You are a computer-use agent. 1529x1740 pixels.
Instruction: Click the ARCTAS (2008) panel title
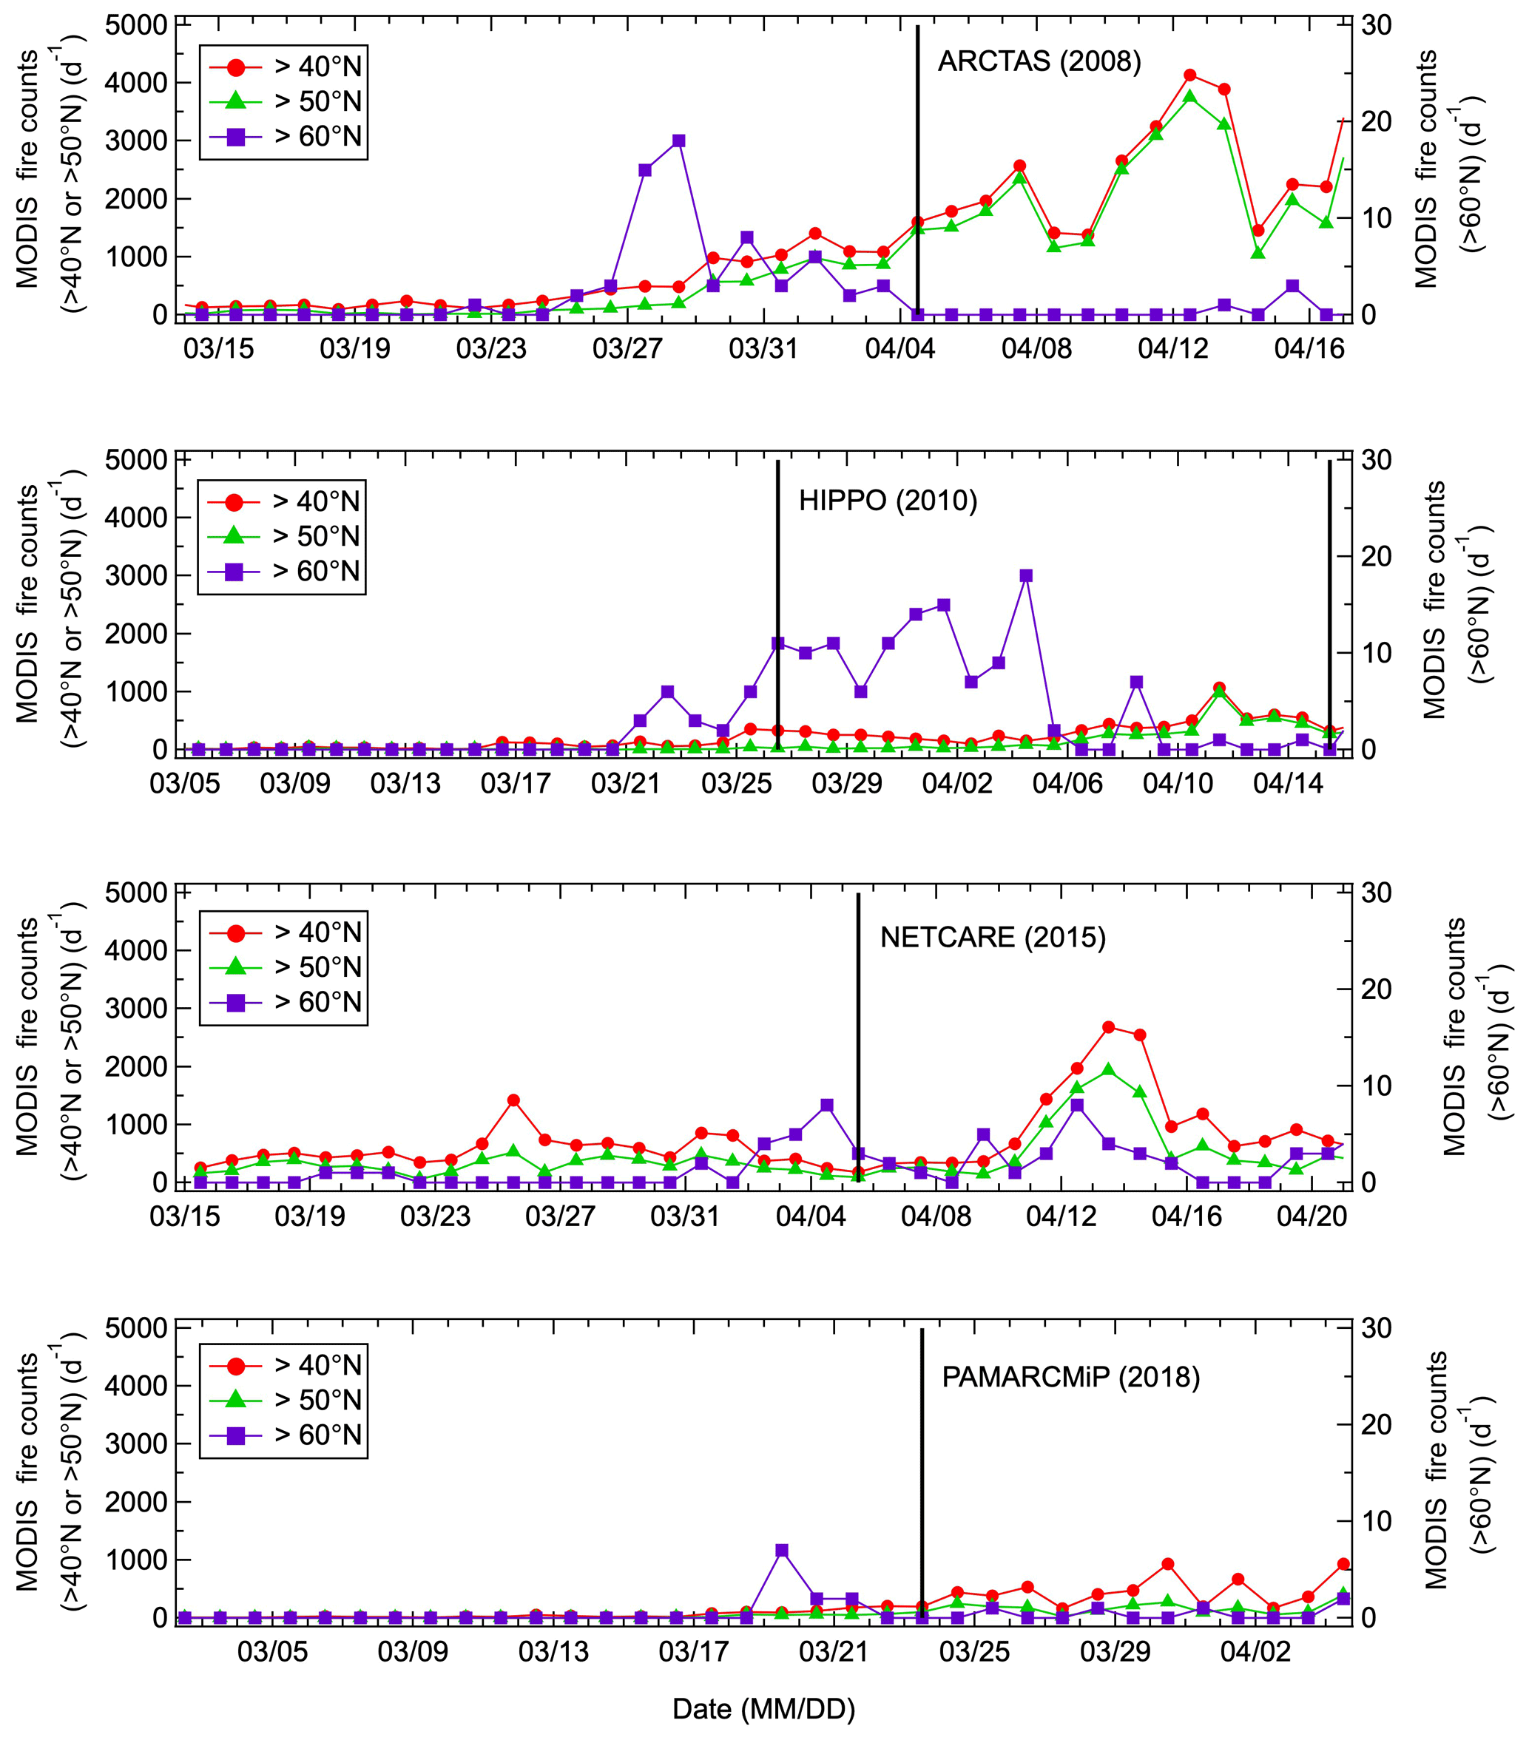tap(1039, 61)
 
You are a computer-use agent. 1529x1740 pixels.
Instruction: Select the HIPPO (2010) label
tap(888, 500)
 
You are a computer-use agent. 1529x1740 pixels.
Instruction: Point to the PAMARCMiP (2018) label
tap(1070, 1376)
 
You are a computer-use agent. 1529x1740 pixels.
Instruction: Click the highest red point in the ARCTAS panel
tap(1190, 75)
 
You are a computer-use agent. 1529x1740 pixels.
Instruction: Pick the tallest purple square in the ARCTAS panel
tap(678, 141)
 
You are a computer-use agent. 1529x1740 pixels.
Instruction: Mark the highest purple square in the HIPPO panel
tap(1026, 575)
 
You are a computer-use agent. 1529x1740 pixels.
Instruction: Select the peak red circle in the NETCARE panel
tap(1108, 1027)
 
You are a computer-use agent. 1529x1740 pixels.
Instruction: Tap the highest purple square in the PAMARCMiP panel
tap(783, 1550)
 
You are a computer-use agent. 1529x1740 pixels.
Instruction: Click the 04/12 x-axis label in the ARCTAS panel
tap(1172, 348)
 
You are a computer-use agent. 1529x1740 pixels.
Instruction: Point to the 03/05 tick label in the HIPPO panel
tap(185, 783)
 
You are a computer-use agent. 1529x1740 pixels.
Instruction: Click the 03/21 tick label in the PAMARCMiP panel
tap(834, 1651)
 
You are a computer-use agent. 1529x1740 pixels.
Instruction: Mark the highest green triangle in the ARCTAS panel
tap(1190, 96)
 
